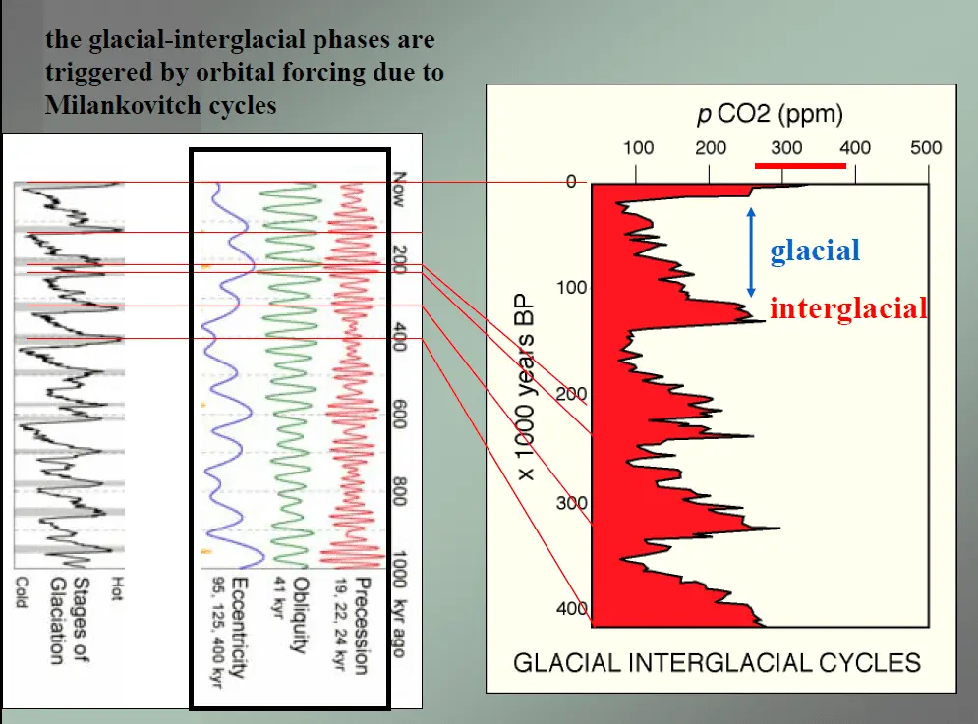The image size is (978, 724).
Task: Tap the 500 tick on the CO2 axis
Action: (926, 148)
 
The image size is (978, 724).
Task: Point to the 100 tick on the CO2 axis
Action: (638, 148)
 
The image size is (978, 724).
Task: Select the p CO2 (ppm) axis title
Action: (770, 114)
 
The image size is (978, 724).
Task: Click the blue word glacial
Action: (815, 251)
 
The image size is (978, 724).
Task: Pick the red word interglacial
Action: (848, 308)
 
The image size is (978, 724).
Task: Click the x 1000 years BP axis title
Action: (527, 387)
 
